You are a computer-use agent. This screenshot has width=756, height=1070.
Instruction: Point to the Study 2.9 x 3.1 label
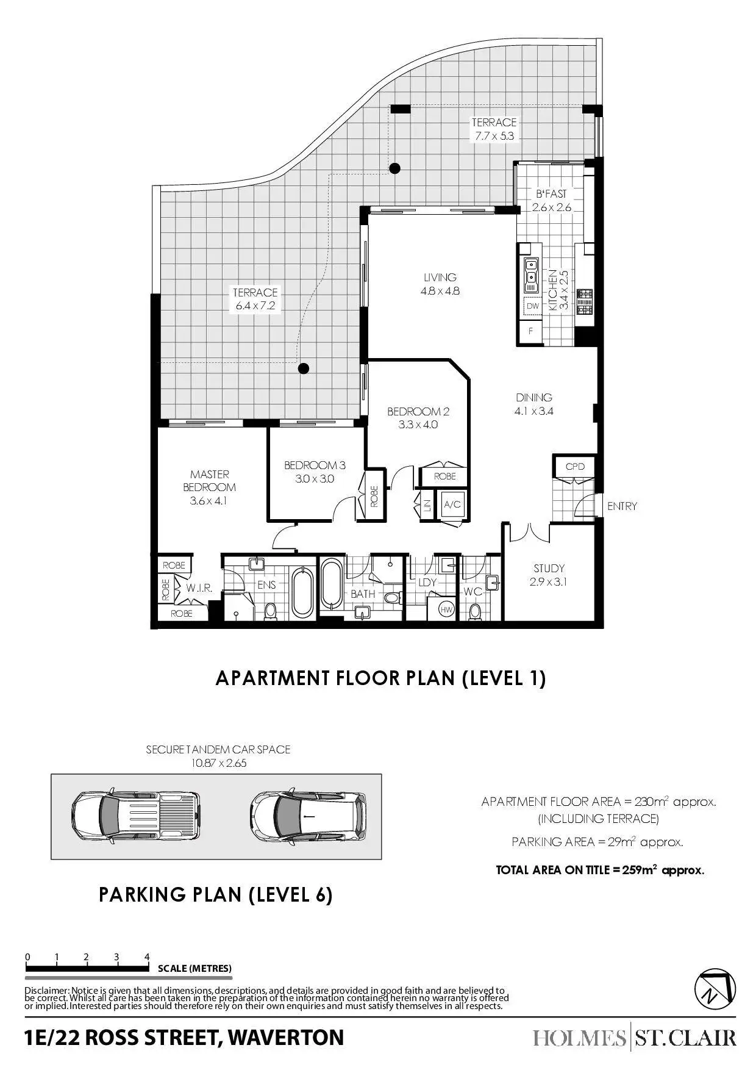tap(549, 575)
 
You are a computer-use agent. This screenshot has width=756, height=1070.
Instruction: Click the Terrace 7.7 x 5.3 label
tap(494, 129)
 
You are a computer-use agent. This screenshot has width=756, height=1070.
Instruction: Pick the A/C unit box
tap(451, 504)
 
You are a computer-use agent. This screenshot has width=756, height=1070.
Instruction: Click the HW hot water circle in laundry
tap(447, 609)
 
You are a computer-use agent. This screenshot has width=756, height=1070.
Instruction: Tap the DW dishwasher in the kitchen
tap(532, 306)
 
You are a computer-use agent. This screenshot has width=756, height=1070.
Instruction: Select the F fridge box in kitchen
tap(531, 331)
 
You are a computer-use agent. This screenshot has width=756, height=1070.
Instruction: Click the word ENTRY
tap(622, 506)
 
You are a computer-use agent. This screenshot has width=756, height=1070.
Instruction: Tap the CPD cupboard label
tap(575, 467)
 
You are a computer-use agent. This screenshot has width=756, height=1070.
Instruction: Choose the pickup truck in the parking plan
tap(135, 816)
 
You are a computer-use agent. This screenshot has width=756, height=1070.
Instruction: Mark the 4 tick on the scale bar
tap(147, 957)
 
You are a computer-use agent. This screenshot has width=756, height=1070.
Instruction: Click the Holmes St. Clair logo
tap(634, 1038)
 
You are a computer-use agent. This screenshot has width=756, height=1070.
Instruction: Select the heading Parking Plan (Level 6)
tap(216, 895)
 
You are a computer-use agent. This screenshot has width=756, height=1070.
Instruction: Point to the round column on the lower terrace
tap(303, 368)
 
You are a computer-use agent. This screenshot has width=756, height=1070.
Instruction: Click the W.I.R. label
tap(199, 589)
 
